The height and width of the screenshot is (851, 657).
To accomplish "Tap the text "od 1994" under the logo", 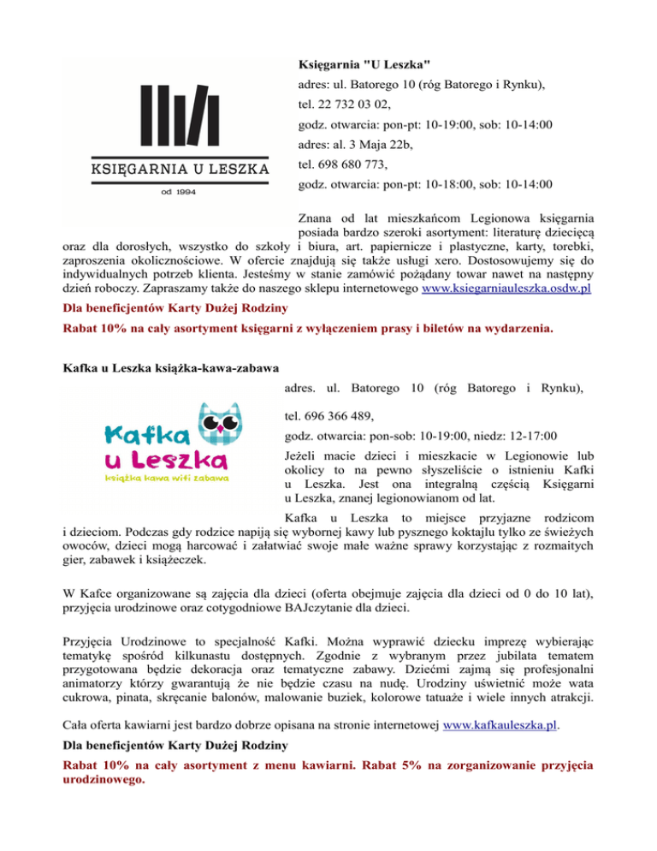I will pyautogui.click(x=180, y=192).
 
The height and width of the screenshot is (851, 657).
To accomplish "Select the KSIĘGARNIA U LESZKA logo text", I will pyautogui.click(x=180, y=169).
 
